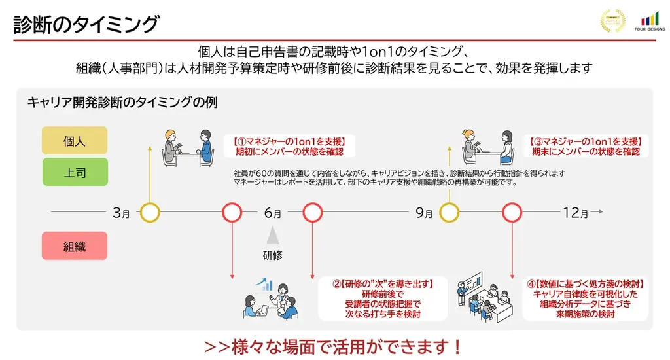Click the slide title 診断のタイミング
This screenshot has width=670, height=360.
(x=86, y=24)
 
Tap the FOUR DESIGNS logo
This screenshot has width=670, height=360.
(x=649, y=22)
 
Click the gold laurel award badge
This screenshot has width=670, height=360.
(x=613, y=21)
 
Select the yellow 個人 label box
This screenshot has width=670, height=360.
(x=74, y=141)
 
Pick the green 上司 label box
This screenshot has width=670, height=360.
(x=74, y=173)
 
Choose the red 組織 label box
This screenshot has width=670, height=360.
(x=74, y=246)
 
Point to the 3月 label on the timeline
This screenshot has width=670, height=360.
(x=121, y=213)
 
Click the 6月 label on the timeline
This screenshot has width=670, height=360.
(x=273, y=213)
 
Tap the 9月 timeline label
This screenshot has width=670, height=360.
(x=424, y=213)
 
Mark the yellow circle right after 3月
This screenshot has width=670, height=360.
(x=150, y=213)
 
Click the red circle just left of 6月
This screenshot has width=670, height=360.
(x=232, y=213)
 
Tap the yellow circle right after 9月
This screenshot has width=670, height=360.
(x=449, y=213)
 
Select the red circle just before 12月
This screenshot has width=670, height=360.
(x=511, y=213)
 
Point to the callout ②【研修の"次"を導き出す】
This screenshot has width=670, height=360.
(x=383, y=298)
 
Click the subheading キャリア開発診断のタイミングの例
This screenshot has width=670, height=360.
(x=122, y=103)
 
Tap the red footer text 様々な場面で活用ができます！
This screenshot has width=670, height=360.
(x=334, y=346)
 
